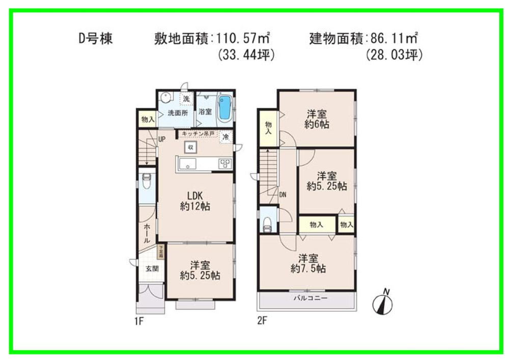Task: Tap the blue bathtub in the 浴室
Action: (x=224, y=108)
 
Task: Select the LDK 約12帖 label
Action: (x=195, y=202)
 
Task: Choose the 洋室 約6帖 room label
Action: (x=316, y=119)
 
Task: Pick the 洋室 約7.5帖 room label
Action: (x=308, y=263)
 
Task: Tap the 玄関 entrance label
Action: (x=152, y=269)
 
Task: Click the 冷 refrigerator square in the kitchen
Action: (x=226, y=137)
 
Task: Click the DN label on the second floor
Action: (x=283, y=194)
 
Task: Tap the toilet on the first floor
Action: (x=146, y=181)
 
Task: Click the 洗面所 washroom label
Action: (x=178, y=113)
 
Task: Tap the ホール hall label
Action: (x=147, y=233)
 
